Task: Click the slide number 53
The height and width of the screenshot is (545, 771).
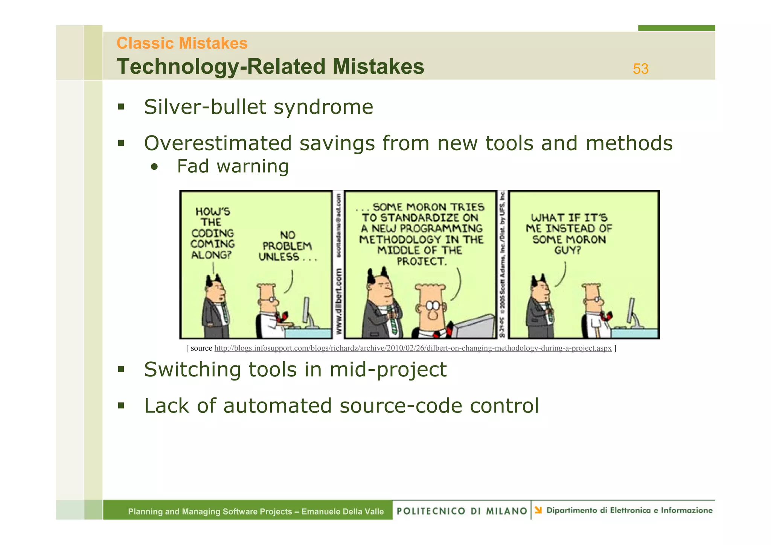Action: [640, 69]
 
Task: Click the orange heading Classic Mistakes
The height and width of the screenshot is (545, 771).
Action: [182, 43]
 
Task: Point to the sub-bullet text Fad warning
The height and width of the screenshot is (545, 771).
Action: [233, 166]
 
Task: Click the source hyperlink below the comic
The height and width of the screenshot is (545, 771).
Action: [413, 348]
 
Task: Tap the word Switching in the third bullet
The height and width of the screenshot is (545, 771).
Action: [192, 369]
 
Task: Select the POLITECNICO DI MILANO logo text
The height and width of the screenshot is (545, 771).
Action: [462, 511]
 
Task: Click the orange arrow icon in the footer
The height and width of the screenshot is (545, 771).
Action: [538, 510]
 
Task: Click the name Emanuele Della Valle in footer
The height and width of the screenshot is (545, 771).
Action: [342, 512]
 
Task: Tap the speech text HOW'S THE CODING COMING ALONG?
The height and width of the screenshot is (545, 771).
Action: [212, 233]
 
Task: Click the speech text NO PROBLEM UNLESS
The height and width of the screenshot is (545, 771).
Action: [287, 246]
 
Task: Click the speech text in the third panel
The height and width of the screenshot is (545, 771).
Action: [568, 234]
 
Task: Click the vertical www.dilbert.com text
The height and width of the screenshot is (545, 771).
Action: [339, 305]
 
